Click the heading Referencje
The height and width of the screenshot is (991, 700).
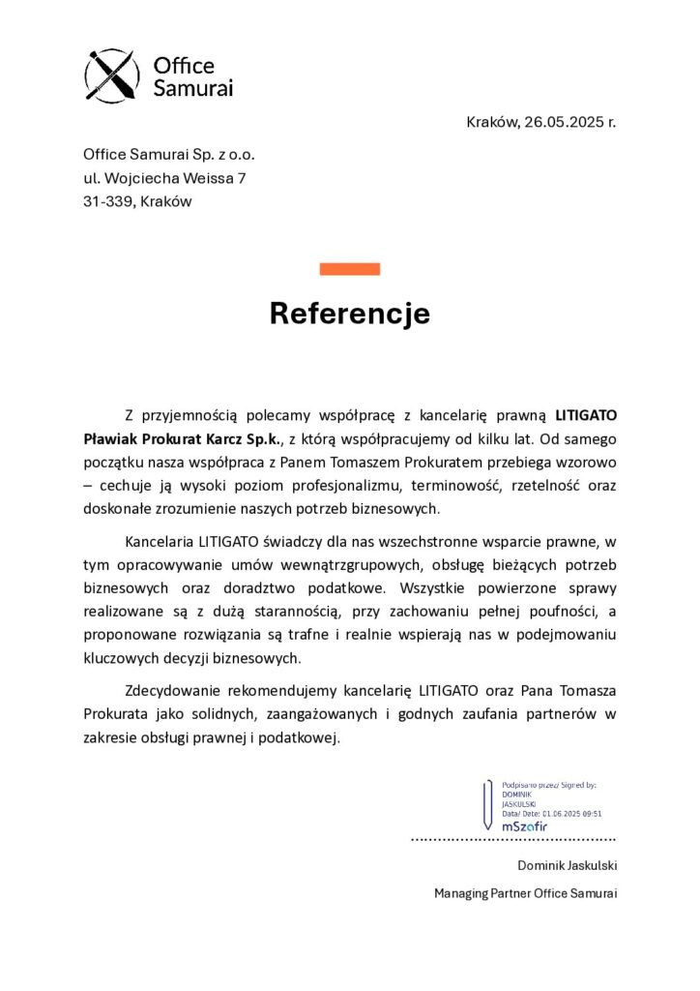click(x=349, y=314)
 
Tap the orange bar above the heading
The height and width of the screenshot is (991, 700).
click(x=349, y=269)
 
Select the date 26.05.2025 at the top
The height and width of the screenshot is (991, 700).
click(x=565, y=123)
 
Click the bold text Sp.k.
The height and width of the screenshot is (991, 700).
click(x=261, y=438)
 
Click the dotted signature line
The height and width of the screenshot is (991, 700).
click(x=513, y=838)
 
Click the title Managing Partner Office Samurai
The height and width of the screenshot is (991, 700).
click(x=525, y=893)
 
